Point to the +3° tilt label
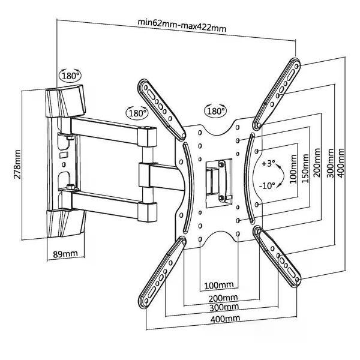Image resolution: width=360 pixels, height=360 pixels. (x=268, y=163)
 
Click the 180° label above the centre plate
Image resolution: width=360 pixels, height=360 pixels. (x=216, y=111)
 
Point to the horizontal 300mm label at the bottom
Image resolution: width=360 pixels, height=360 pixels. (x=220, y=307)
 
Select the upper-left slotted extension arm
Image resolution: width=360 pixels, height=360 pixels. (x=161, y=109)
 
